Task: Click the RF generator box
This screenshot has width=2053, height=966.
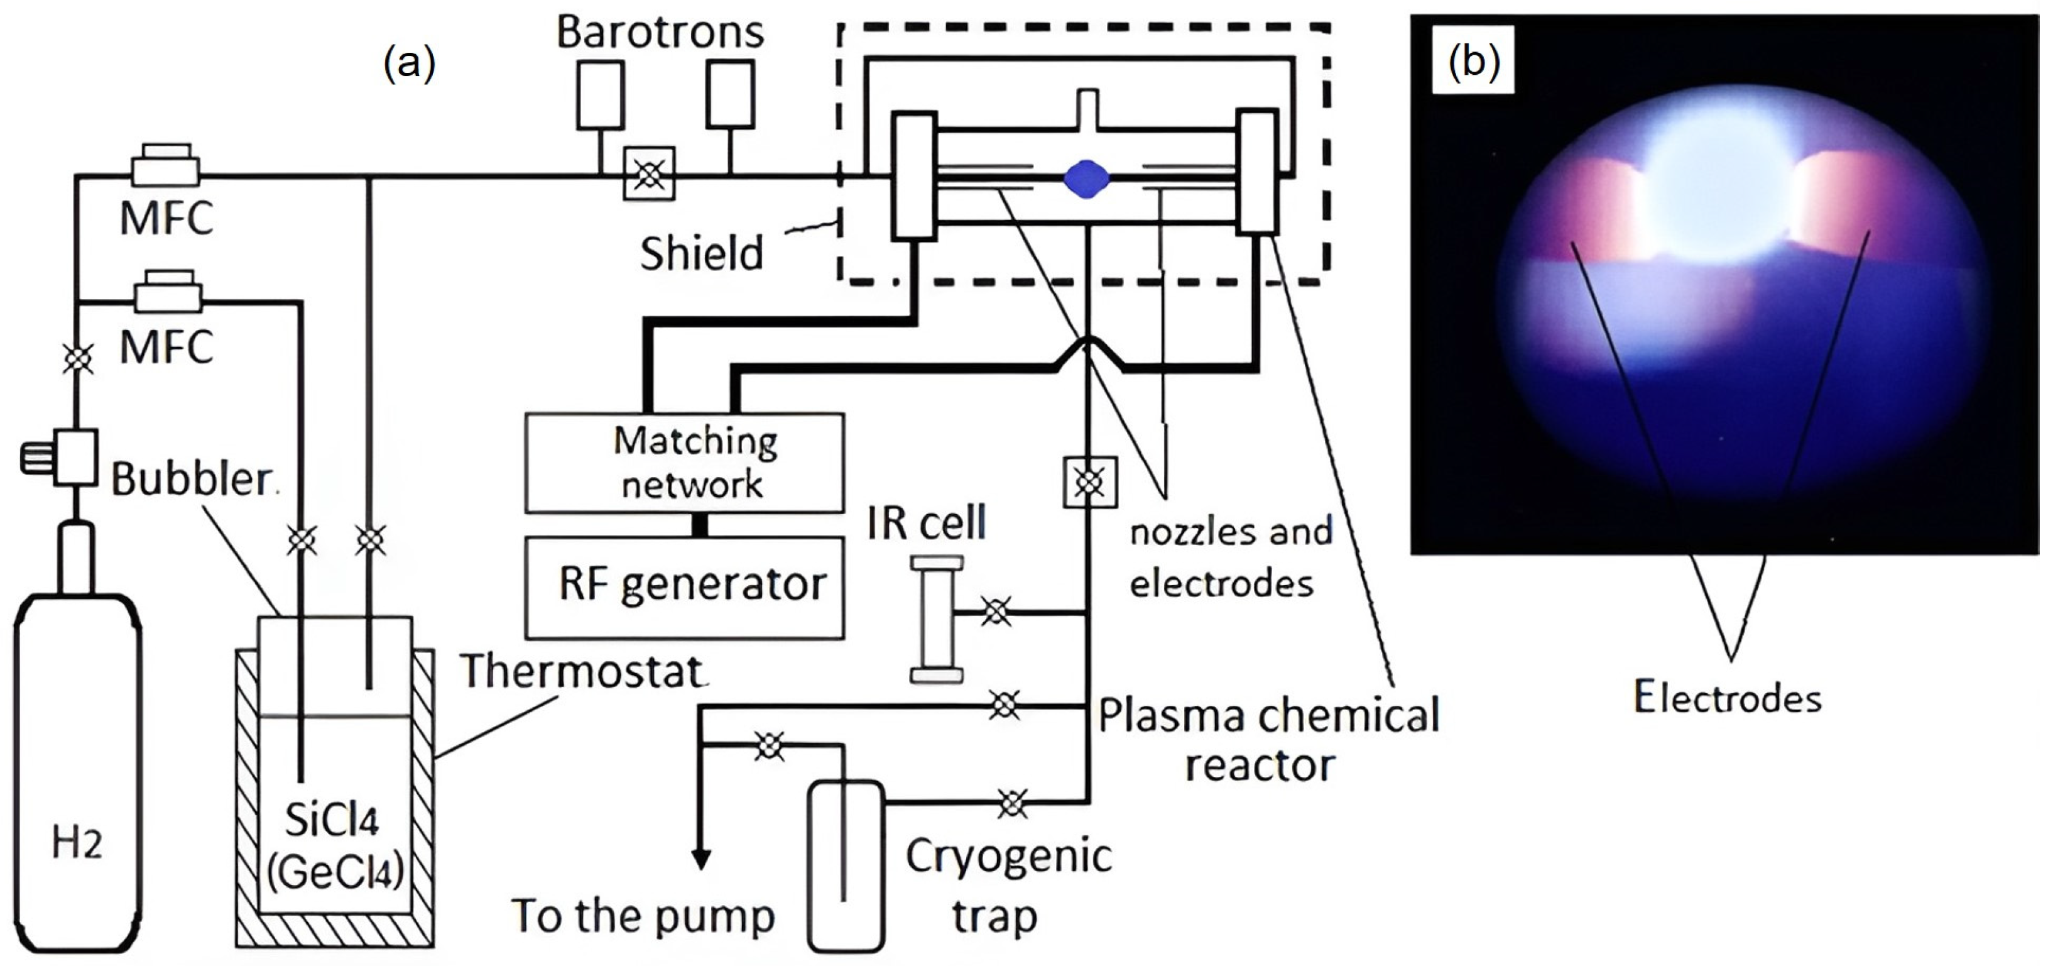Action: (x=683, y=586)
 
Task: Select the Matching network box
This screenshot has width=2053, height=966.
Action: (x=683, y=463)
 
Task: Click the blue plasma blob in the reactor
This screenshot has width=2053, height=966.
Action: (x=1086, y=178)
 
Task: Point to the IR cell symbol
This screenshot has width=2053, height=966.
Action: (x=937, y=619)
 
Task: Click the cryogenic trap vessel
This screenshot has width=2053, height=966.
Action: (x=846, y=865)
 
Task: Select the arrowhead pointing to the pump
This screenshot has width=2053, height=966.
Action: (x=700, y=859)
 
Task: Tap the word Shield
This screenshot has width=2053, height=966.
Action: (x=701, y=253)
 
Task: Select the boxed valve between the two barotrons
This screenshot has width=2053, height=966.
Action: (x=649, y=173)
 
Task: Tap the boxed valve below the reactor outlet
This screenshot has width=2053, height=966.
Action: (x=1089, y=482)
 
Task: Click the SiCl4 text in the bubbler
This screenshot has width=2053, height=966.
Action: (x=332, y=820)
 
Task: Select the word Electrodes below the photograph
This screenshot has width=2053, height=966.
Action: (x=1727, y=698)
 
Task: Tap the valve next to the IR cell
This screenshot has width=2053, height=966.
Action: (x=996, y=612)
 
